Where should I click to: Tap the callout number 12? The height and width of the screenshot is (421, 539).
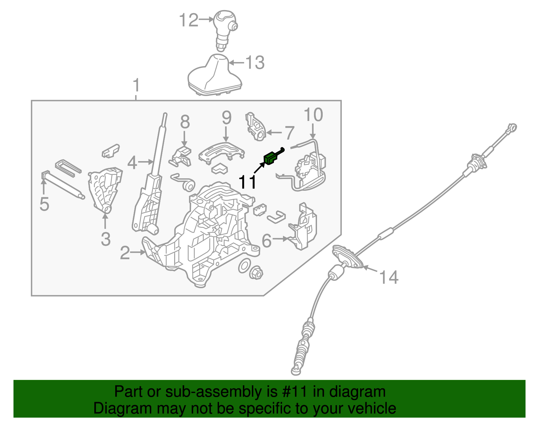coord(189,20)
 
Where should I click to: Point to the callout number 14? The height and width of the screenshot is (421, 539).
coord(389,277)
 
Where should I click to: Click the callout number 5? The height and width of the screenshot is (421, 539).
coord(44,204)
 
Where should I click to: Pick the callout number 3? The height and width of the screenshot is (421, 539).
coord(106,239)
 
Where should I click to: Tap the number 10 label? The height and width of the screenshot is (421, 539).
coord(313,115)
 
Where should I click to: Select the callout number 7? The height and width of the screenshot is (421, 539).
coord(289,133)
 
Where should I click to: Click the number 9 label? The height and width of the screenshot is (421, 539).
coord(226,118)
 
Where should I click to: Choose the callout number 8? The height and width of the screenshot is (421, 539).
coord(185,122)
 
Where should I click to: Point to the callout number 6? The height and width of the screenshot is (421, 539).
coord(267,241)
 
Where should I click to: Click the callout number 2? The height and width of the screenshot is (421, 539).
coord(125,253)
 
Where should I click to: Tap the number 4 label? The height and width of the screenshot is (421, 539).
coord(132,163)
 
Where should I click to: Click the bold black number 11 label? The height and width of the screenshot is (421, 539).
coord(247,182)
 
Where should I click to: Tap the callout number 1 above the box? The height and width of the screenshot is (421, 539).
coord(136,85)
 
